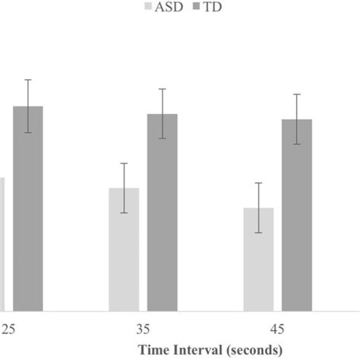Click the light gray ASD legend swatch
click(147, 8)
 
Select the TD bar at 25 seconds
click(28, 209)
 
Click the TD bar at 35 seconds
click(162, 213)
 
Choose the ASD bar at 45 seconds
click(258, 259)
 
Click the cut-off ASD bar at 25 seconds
click(2, 243)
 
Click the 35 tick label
click(144, 330)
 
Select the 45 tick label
click(278, 330)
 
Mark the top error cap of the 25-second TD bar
click(28, 80)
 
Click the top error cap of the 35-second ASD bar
click(124, 163)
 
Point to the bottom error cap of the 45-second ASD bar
click(258, 232)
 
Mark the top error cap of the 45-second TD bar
click(297, 94)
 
